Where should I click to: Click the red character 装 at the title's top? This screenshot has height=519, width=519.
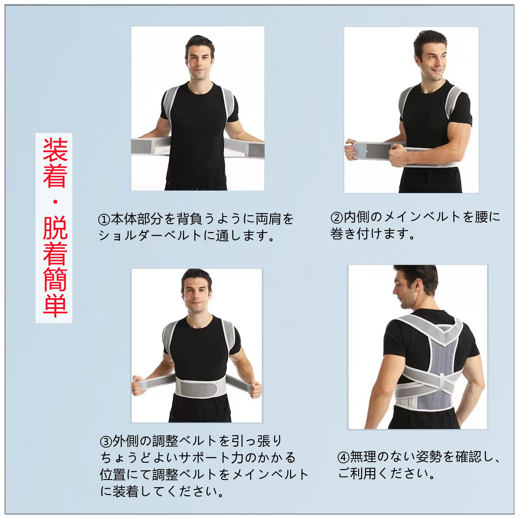[55, 150]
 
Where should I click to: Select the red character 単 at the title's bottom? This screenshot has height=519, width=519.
[55, 305]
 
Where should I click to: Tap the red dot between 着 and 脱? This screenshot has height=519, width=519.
[55, 202]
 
